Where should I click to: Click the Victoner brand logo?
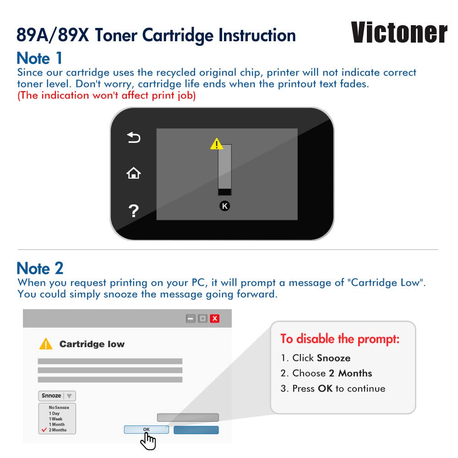[399, 33]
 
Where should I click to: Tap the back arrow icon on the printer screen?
[134, 137]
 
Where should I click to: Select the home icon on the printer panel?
[133, 173]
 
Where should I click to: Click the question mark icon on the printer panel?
[133, 211]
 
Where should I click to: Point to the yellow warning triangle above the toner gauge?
[217, 144]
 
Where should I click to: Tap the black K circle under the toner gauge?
[224, 206]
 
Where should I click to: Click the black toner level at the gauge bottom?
[224, 191]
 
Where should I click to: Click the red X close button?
[215, 318]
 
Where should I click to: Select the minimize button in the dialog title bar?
[191, 318]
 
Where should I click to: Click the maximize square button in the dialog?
[202, 318]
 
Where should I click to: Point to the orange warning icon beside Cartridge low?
[46, 344]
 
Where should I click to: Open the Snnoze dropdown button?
[57, 396]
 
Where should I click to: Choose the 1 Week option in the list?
[55, 419]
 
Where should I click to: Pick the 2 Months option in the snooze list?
[58, 430]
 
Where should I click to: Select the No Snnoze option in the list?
[59, 408]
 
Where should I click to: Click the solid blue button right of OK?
[196, 430]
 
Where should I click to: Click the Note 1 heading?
[39, 58]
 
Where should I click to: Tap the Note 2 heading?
[40, 268]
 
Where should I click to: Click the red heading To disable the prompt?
[340, 339]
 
